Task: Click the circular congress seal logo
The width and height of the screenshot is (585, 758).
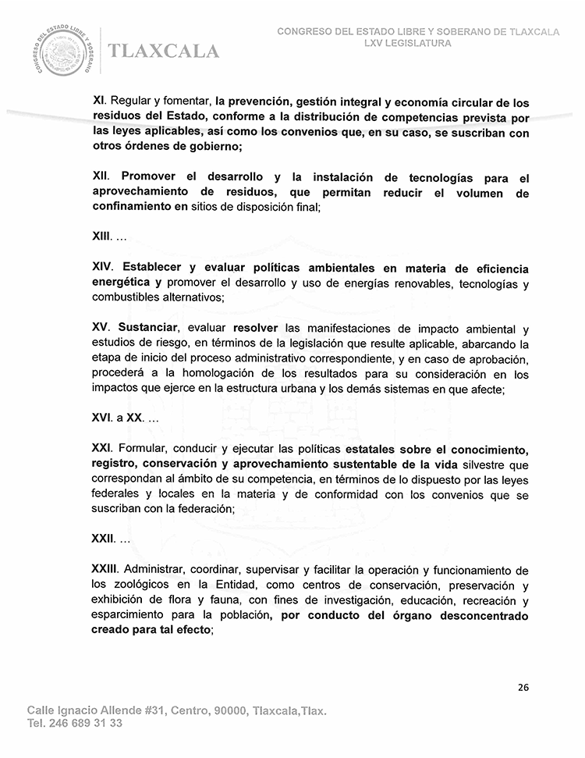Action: pos(64,51)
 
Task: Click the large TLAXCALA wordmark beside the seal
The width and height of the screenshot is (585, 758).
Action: pos(165,52)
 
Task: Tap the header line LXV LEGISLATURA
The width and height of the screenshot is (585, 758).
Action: pos(407,44)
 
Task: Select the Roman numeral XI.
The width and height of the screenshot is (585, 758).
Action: pos(98,103)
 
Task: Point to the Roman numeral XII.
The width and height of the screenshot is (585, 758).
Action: pos(101,179)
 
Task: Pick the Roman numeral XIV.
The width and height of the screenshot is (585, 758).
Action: pos(102,268)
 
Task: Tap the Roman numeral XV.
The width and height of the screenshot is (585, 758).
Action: pos(101,328)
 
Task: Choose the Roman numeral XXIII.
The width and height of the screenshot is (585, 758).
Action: pos(105,571)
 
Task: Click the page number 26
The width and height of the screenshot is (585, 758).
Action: pos(523,688)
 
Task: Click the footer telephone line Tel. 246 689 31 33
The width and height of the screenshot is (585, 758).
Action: pos(75,724)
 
